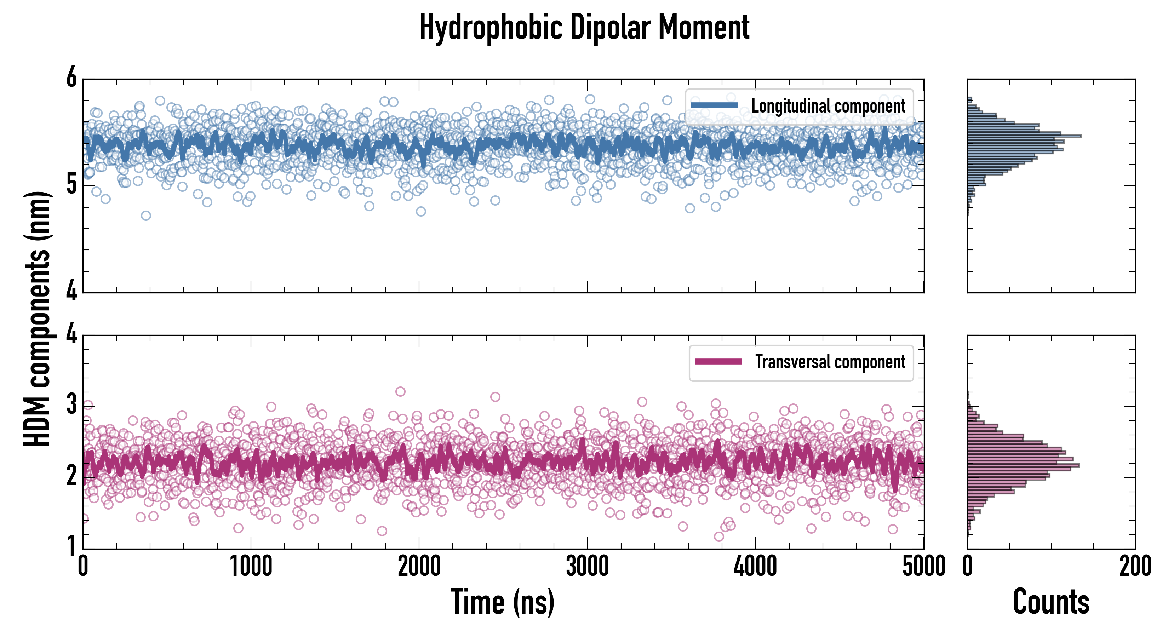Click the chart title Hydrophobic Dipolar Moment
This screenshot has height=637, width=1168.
(584, 28)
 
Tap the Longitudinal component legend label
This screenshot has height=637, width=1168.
(828, 106)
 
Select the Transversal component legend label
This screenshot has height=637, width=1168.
(830, 362)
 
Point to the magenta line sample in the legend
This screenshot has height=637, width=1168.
(718, 362)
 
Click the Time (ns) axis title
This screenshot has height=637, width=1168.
(502, 602)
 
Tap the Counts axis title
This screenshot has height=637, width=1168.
(1051, 602)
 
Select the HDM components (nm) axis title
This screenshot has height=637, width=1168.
(37, 319)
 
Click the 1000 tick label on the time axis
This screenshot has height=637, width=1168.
(251, 567)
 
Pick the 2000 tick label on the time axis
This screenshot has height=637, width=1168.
(419, 567)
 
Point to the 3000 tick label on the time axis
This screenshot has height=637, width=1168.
(587, 567)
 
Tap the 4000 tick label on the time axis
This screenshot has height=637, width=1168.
(755, 567)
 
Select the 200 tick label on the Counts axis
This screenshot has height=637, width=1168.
(1135, 567)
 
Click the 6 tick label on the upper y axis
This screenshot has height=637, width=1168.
(71, 78)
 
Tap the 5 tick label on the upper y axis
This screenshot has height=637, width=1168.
(71, 184)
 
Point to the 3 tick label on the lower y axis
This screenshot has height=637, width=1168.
(71, 404)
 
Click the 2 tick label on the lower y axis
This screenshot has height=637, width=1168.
(71, 476)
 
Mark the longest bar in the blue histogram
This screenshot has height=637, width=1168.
(1024, 136)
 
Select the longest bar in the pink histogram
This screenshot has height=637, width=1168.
(1023, 465)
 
